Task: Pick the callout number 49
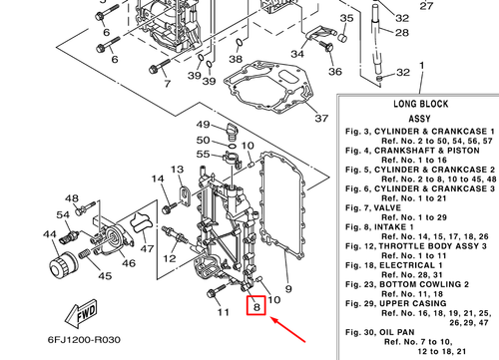pyautogui.click(x=203, y=125)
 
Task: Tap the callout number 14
pyautogui.click(x=158, y=179)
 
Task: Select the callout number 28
pyautogui.click(x=402, y=33)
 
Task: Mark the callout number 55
pyautogui.click(x=203, y=155)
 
